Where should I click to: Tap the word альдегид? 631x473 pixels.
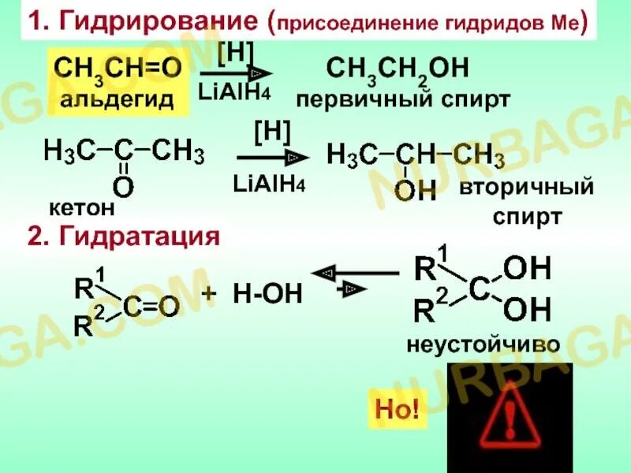coord(118,100)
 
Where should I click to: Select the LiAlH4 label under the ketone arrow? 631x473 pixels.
coord(269,184)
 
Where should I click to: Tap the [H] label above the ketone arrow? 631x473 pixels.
coord(272,132)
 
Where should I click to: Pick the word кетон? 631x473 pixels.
coord(82,208)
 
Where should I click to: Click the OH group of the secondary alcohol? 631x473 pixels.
coord(415,189)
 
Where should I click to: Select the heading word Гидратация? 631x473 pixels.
coord(134,236)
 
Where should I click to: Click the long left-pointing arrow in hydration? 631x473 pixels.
coord(355,273)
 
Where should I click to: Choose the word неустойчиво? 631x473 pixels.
coord(483,345)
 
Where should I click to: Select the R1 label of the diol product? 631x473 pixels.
coord(432,266)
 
